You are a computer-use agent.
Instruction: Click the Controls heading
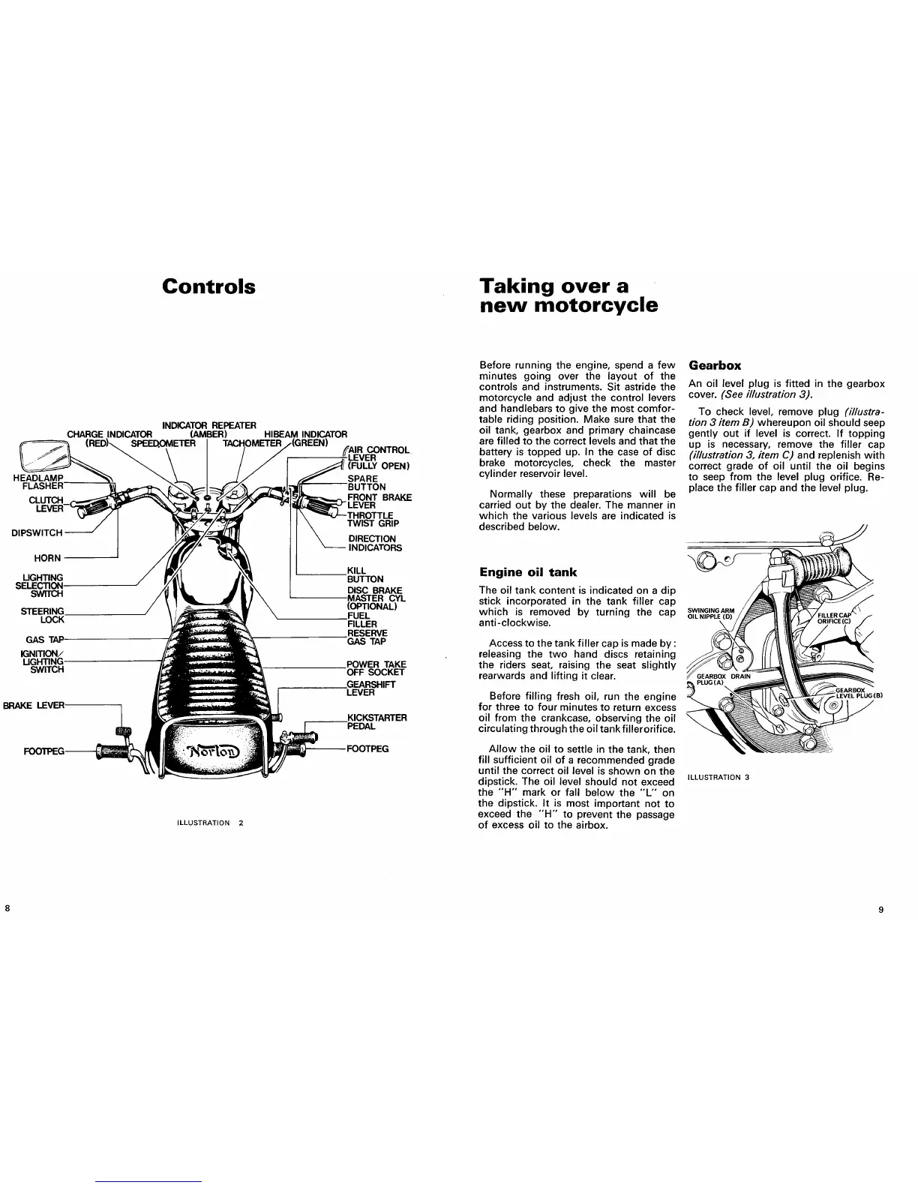coord(208,287)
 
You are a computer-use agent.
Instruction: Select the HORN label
coord(47,558)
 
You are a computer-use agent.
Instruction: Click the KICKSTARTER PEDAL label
coord(376,722)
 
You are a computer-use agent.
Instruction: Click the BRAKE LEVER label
coord(34,705)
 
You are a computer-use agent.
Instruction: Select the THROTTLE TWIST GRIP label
coord(373,519)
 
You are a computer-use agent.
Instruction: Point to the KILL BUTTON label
coord(365,574)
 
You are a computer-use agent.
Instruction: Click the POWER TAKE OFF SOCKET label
coord(376,668)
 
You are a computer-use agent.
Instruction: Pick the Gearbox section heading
coord(715,365)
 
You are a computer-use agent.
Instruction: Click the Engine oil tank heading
coord(528,572)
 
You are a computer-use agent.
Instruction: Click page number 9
coord(880,910)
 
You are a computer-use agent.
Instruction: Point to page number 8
coord(7,907)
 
